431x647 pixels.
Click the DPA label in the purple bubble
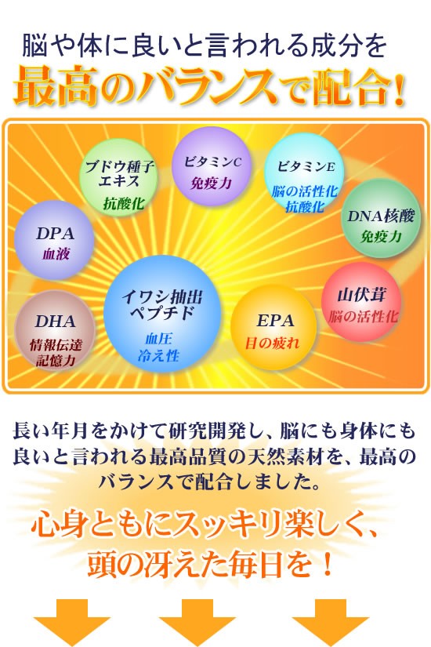[x=56, y=234]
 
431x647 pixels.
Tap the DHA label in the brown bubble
[x=56, y=322]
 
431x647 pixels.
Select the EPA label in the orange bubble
[x=276, y=321]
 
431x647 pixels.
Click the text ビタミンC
[x=212, y=162]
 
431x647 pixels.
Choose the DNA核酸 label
[x=381, y=216]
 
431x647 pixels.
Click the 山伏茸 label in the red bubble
[x=362, y=295]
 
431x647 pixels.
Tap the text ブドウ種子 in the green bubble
[x=120, y=167]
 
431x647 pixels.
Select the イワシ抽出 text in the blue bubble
[x=162, y=297]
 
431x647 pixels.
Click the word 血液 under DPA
[x=56, y=254]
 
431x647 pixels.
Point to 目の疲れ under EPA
[x=272, y=343]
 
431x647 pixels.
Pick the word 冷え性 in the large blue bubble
[x=159, y=355]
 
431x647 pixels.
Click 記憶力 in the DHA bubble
[x=56, y=361]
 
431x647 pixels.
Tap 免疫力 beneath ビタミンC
[x=211, y=183]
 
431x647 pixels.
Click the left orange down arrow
[x=72, y=623]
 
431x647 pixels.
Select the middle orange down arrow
[x=197, y=623]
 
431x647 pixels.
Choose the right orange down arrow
[x=331, y=623]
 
